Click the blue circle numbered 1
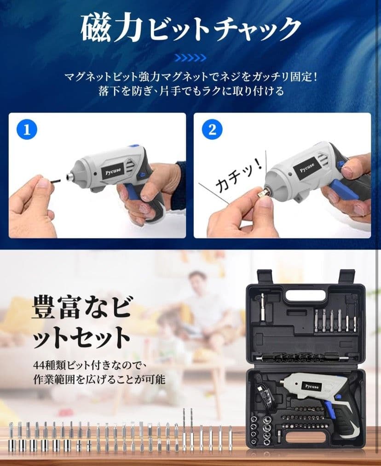pos(27,130)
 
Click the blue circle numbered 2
pos(212,130)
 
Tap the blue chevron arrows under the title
pos(190,57)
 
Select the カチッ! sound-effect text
pos(238,177)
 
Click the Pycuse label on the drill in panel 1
pos(113,171)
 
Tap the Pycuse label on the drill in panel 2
pos(307,167)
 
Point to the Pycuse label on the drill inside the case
pos(312,386)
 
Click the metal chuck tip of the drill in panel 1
pos(70,177)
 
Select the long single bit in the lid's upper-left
pos(263,307)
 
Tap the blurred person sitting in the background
pos(202,300)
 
